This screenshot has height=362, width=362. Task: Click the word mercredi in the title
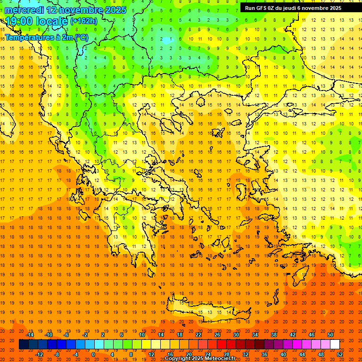25,10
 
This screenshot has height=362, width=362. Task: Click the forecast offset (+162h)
83,21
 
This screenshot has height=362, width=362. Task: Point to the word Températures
27,37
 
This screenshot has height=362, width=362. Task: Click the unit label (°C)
81,37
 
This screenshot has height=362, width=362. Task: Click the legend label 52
340,354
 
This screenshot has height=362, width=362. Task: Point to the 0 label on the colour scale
93,354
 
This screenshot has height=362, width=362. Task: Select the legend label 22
198,335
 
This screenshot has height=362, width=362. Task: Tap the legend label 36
264,354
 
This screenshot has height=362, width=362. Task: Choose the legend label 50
330,335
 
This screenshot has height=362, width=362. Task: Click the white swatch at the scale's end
335,344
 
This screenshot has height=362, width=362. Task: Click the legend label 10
142,335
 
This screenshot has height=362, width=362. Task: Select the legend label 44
302,354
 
